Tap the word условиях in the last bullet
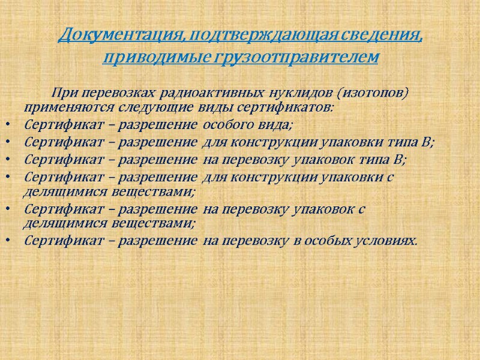pos(383,241)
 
